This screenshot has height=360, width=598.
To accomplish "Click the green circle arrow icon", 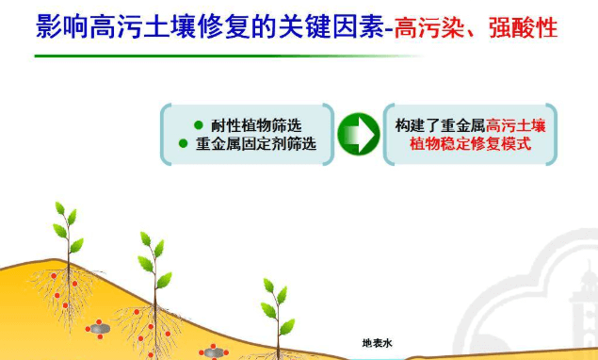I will click(x=358, y=134).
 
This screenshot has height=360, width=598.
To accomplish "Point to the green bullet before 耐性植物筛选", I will click(x=198, y=125).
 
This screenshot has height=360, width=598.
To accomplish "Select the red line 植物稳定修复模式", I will click(x=469, y=144).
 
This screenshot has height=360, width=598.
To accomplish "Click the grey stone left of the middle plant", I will click(x=100, y=329).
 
